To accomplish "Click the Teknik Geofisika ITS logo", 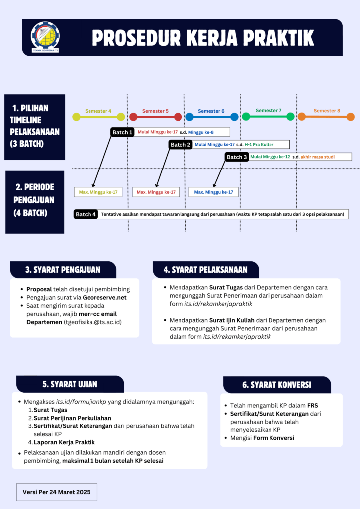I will coord(45,37).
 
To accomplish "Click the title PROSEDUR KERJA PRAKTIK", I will coord(203,38).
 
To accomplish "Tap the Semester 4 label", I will coord(98,111).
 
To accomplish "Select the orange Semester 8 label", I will coord(327,111).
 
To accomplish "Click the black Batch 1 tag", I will coord(122,132).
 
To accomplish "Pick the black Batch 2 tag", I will coord(180,145).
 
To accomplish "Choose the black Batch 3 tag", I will coord(237,157).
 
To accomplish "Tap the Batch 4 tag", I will coord(86,214).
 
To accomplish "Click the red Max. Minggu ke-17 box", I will coord(156,192).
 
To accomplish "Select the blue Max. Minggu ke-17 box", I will coord(213,192).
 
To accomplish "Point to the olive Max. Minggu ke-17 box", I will coord(98,192).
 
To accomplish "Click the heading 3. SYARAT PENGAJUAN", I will coord(63,270).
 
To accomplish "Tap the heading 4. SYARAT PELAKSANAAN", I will coord(205,270).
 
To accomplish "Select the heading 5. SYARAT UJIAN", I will coord(70,384).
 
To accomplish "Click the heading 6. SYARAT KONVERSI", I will coord(276,385).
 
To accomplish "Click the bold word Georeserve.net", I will coord(104,298).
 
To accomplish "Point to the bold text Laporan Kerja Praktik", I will coord(64,442).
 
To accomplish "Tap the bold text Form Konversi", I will coord(273,438).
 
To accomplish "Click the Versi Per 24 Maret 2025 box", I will coord(57,492).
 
